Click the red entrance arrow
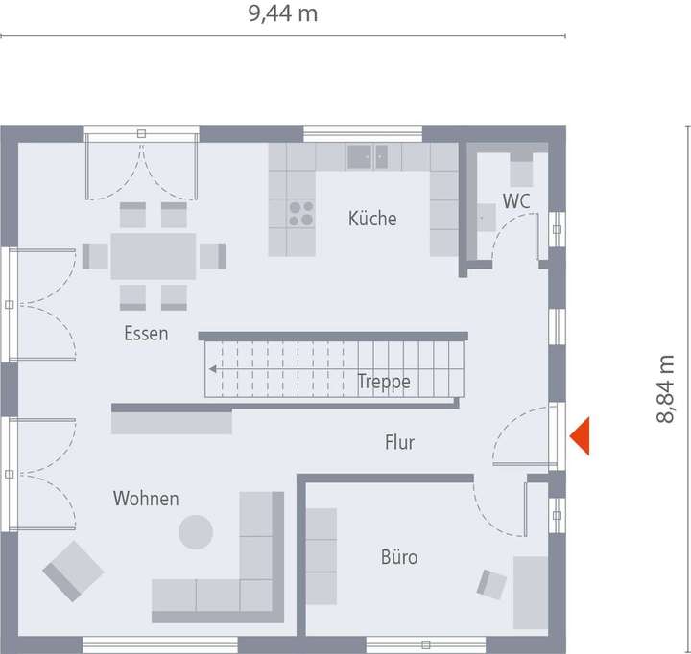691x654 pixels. (580, 438)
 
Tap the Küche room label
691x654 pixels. (372, 219)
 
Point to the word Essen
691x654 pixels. (146, 334)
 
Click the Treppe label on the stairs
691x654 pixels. (384, 382)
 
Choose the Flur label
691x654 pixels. (399, 442)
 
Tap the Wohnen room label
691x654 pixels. (146, 499)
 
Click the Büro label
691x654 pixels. (399, 556)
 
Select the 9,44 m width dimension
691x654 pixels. (282, 14)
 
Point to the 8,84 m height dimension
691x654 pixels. (667, 388)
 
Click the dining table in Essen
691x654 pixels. (154, 256)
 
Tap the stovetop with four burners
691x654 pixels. (300, 213)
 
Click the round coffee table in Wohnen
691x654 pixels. (196, 531)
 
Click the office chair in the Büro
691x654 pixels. (492, 582)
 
